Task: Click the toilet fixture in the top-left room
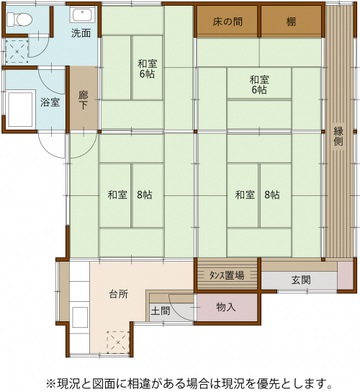[19, 19]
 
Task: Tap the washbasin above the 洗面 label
[82, 14]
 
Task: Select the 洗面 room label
[81, 33]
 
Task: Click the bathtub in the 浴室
[20, 110]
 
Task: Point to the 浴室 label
[50, 102]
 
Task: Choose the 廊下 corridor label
[84, 100]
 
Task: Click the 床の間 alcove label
[228, 22]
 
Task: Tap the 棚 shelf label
[291, 22]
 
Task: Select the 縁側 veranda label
[338, 136]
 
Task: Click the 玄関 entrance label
[301, 280]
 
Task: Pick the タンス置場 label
[227, 275]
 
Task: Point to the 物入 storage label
[226, 307]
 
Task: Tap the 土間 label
[161, 311]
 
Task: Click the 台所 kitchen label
[118, 294]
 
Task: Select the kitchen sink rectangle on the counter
[80, 317]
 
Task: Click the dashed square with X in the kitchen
[118, 342]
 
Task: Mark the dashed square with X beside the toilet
[17, 51]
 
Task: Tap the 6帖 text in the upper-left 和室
[147, 74]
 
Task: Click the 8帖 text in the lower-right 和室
[272, 195]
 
